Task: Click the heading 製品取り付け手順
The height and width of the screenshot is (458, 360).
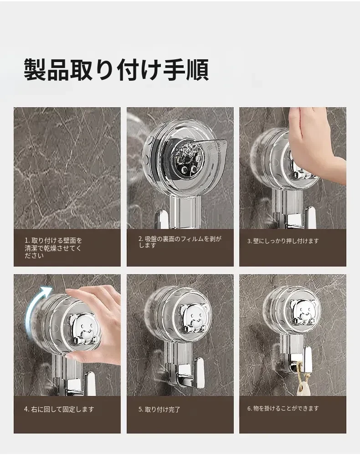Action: pyautogui.click(x=116, y=69)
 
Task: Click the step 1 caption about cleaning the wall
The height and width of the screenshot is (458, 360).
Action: pyautogui.click(x=53, y=248)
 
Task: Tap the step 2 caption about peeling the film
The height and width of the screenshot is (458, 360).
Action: pyautogui.click(x=180, y=242)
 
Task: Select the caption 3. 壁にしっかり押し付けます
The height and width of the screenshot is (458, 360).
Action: pyautogui.click(x=283, y=241)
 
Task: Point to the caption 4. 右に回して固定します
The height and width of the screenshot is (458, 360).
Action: pyautogui.click(x=59, y=409)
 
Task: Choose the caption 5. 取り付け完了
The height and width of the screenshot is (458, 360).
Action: pyautogui.click(x=159, y=410)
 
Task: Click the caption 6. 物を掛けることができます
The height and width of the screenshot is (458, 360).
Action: pyautogui.click(x=283, y=408)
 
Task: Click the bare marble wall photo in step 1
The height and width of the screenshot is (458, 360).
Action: pyautogui.click(x=67, y=168)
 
